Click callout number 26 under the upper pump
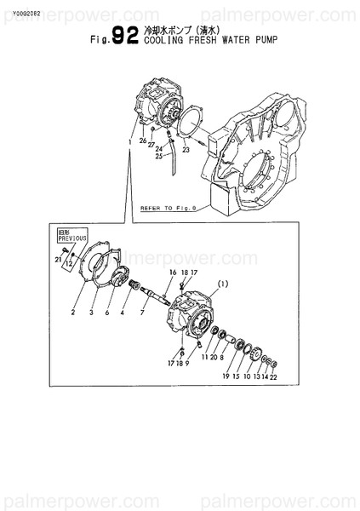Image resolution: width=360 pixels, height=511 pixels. click(x=142, y=141)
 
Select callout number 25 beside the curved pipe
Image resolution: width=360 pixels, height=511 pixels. click(x=158, y=157)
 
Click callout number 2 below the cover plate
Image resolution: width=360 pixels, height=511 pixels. click(x=74, y=313)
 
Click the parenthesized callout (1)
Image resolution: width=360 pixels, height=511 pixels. click(x=223, y=283)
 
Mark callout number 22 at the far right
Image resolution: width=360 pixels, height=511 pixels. click(x=273, y=376)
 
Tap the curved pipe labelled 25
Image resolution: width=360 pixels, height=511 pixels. click(x=174, y=158)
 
